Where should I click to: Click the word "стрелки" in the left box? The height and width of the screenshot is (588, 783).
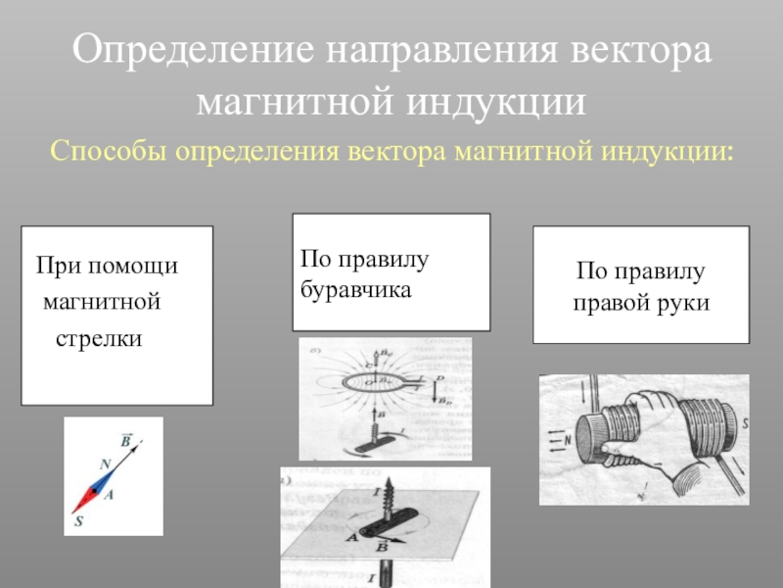(x=98, y=338)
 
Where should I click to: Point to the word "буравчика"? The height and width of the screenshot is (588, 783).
(x=356, y=291)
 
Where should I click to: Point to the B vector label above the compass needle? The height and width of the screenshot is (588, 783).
(x=126, y=440)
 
